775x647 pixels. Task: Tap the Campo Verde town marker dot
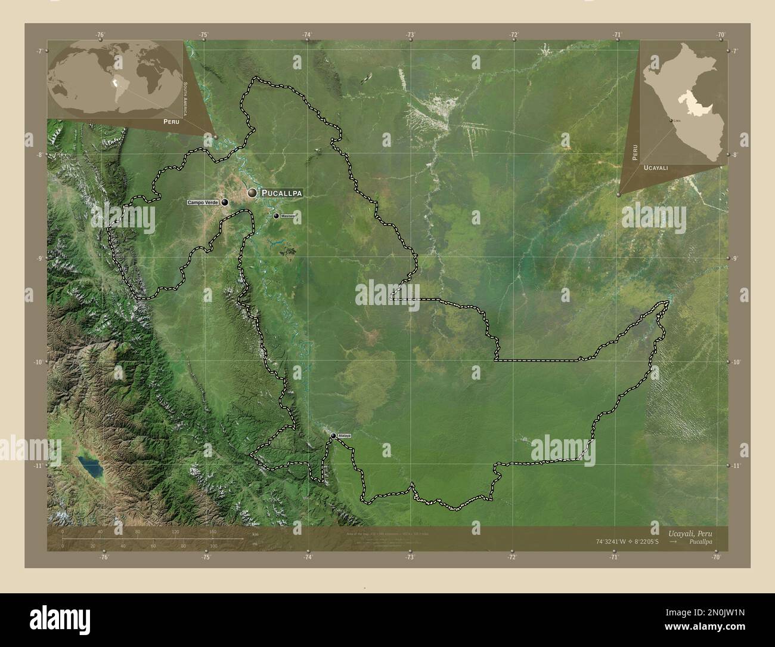tap(225, 202)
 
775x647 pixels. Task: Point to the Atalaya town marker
tap(333, 436)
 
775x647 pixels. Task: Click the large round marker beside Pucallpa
tap(253, 193)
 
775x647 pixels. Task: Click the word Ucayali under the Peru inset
tap(655, 169)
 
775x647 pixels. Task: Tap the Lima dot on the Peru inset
tap(671, 121)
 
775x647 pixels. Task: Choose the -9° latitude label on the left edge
tap(39, 258)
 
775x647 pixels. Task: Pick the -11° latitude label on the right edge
tap(736, 466)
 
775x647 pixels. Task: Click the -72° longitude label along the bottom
tap(512, 557)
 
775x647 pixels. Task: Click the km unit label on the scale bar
tap(255, 534)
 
